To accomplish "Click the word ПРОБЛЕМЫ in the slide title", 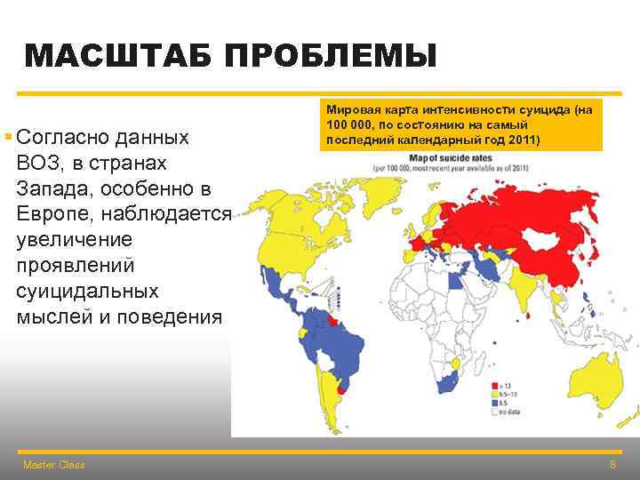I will click(331, 57).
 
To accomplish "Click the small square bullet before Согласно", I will click(7, 137).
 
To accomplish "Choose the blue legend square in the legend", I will click(493, 403).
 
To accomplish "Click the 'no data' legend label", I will click(512, 412).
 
